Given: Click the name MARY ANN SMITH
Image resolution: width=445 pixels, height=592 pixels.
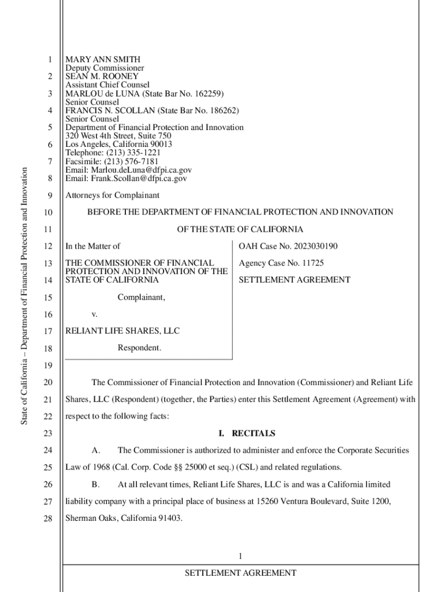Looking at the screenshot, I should point(102,60).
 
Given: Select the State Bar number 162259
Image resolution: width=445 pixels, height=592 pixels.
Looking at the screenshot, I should point(209,94).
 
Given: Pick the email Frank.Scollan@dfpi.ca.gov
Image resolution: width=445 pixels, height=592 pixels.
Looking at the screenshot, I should point(138,179).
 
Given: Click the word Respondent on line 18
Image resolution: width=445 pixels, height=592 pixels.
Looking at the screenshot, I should point(139,348).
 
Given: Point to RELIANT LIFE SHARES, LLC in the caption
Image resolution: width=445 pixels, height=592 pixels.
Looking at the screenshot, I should point(122,331).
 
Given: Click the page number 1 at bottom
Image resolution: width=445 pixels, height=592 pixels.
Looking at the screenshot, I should point(240,556).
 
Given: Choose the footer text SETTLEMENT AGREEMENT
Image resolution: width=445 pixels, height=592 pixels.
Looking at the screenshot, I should point(240,573).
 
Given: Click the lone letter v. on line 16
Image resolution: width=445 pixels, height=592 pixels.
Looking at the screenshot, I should point(94,314).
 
